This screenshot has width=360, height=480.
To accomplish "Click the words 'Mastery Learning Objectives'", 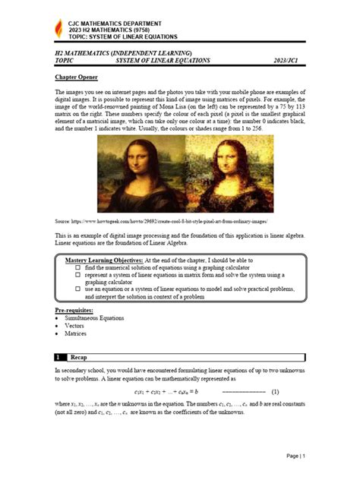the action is point(103,261).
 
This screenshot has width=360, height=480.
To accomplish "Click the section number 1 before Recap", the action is point(58,356).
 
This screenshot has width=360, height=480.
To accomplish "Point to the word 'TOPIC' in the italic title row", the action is point(65,60).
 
